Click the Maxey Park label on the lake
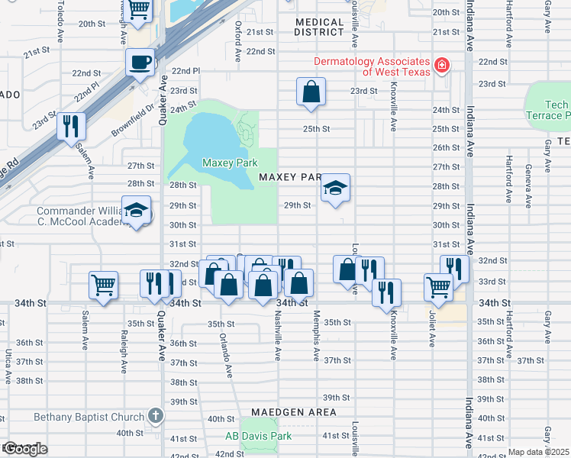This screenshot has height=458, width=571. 230,163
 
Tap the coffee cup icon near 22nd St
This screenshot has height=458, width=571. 140,62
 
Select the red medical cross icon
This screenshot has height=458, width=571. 440,66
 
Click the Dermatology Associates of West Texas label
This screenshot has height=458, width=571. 373,66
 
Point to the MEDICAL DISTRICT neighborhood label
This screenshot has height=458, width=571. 319,27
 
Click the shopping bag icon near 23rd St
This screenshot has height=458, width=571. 311,92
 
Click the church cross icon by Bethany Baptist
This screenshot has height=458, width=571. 156,417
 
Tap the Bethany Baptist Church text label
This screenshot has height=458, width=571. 89,417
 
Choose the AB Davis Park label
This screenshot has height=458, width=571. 258,437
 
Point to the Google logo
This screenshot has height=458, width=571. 25,449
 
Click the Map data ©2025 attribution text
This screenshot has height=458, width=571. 537,452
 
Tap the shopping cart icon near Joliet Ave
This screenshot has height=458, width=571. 438,287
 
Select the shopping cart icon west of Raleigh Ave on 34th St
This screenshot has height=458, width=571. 102,285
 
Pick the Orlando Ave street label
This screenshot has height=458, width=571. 224,355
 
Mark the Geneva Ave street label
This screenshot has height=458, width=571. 527,185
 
